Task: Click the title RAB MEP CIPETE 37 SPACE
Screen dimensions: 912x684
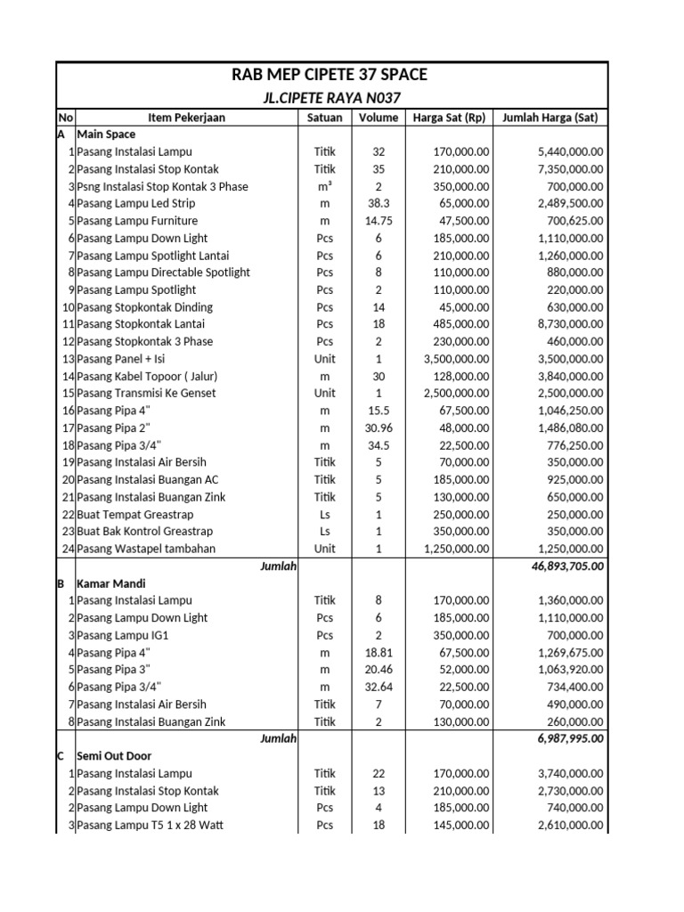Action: [x=330, y=74]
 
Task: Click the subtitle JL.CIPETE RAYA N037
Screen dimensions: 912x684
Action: [x=330, y=98]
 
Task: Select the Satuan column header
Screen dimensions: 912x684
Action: [x=324, y=118]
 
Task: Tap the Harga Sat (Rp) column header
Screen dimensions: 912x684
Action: [x=449, y=118]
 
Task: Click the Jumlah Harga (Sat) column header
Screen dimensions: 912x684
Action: [x=550, y=118]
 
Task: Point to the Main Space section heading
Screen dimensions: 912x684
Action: [x=106, y=134]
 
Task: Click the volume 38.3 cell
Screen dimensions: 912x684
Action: [x=379, y=204]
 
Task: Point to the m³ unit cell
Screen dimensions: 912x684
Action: [x=324, y=187]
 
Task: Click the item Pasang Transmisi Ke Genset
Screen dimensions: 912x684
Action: [x=146, y=394]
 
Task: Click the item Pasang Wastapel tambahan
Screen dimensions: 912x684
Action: [x=146, y=549]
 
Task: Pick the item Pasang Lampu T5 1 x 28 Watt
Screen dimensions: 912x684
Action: [x=150, y=826]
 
